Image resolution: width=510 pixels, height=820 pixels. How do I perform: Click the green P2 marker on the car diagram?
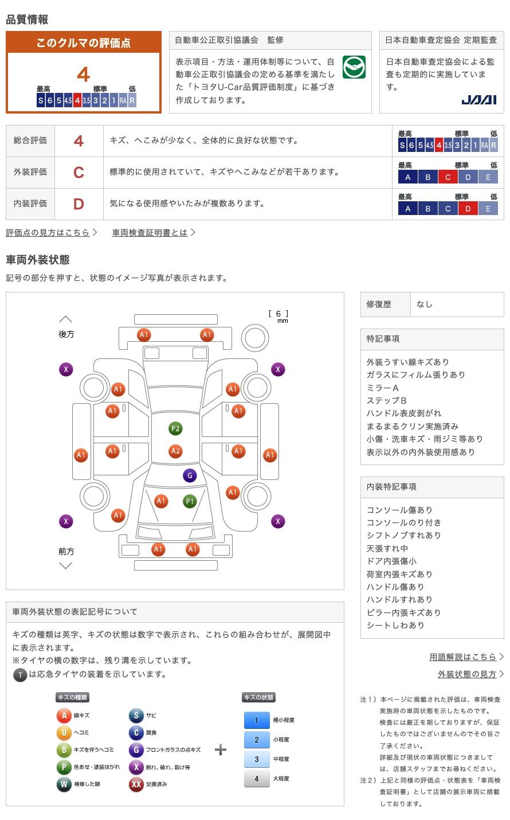[x=175, y=428]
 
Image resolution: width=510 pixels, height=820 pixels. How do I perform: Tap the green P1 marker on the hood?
[x=189, y=501]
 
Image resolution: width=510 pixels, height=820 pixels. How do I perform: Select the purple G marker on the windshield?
[x=189, y=475]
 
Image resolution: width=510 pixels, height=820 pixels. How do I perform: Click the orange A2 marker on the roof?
[x=175, y=451]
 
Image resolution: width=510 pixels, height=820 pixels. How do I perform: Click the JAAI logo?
[x=479, y=100]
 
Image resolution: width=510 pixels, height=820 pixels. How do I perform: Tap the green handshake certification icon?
[x=354, y=68]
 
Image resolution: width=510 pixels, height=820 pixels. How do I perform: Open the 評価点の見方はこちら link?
[x=48, y=232]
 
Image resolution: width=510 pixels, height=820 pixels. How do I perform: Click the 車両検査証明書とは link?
[x=150, y=232]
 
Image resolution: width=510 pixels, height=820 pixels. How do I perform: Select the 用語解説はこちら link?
[x=463, y=657]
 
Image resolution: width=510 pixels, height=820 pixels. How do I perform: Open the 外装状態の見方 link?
[x=467, y=674]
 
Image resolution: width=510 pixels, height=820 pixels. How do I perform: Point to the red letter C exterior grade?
[x=79, y=172]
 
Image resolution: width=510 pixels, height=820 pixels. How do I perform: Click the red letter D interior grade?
[x=79, y=204]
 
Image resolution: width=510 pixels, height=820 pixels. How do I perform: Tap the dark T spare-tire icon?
[x=20, y=675]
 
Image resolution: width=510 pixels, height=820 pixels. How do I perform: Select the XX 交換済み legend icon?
[x=136, y=784]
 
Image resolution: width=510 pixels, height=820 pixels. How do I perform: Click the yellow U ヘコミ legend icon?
[x=64, y=733]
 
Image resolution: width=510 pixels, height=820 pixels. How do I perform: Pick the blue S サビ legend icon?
[x=136, y=716]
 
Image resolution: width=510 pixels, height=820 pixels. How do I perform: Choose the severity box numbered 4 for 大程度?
[x=256, y=779]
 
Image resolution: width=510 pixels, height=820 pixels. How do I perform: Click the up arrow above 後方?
[x=66, y=319]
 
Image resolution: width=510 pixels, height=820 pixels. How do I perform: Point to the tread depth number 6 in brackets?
[x=278, y=314]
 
